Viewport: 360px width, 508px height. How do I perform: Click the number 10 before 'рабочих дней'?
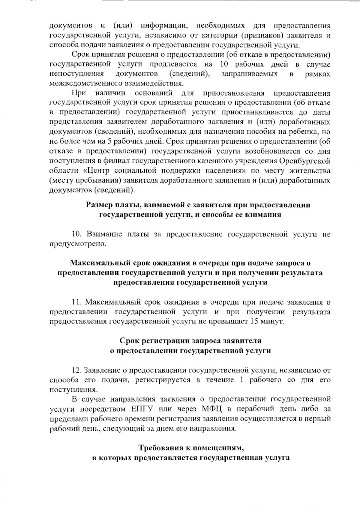(x=224, y=64)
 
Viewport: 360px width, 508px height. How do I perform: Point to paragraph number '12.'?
(x=76, y=370)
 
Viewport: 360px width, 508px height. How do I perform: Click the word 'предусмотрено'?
(x=77, y=244)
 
